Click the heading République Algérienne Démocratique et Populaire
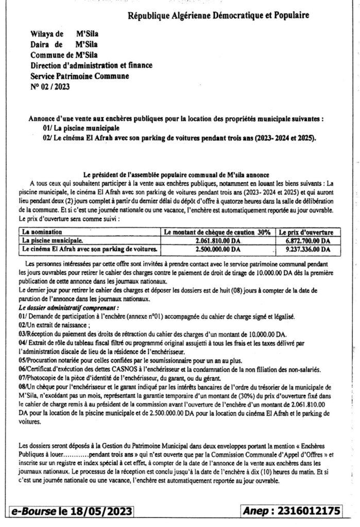[x=218, y=16]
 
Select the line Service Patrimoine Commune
[x=80, y=76]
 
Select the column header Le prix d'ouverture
[x=307, y=232]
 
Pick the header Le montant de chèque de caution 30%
[x=217, y=232]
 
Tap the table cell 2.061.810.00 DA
[x=218, y=240]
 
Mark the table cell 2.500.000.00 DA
[x=218, y=249]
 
